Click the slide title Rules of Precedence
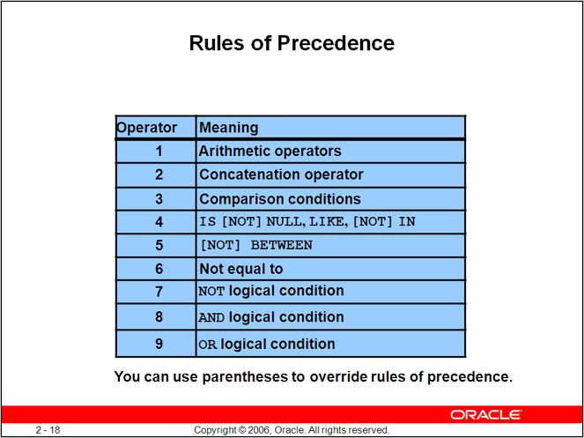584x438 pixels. tap(292, 43)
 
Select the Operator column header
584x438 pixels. tap(147, 128)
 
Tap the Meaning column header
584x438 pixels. tap(229, 128)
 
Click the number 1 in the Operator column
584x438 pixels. tap(159, 151)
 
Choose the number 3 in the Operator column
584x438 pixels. tap(159, 198)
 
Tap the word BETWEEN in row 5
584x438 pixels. tap(282, 245)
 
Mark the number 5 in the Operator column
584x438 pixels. tap(159, 246)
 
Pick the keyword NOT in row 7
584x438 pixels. tap(212, 291)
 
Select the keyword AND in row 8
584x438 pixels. tap(212, 317)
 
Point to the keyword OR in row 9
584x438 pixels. tap(208, 344)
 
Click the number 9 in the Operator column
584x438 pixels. tap(159, 344)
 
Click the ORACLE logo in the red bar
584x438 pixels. tap(486, 414)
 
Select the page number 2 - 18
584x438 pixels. tap(48, 430)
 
